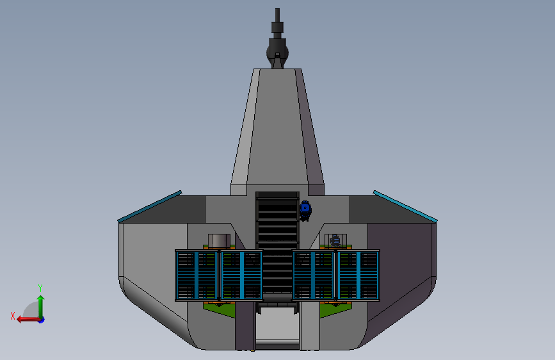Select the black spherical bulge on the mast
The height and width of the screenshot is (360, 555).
(278, 53)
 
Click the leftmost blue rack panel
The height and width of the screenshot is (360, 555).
(197, 275)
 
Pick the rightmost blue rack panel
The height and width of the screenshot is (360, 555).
(358, 275)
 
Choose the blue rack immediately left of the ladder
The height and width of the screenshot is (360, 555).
(242, 275)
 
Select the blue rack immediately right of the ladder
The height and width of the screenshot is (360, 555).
(313, 275)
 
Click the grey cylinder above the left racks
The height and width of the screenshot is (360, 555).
(219, 241)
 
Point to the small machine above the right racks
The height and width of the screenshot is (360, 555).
(335, 241)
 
